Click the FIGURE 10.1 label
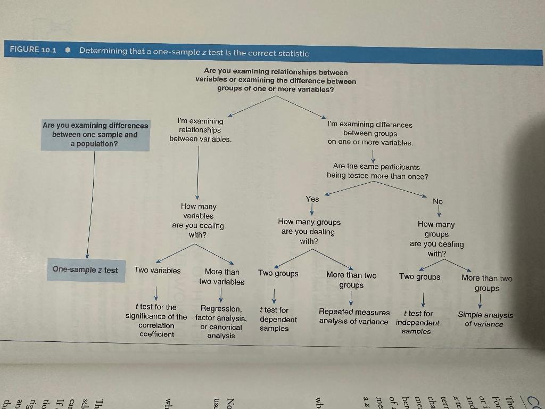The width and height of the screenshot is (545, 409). point(33,50)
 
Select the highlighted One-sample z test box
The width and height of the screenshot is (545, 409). point(85,270)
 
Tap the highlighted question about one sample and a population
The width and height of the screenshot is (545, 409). point(95,135)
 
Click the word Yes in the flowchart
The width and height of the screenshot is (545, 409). point(312,199)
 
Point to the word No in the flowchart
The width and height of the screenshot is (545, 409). point(437,201)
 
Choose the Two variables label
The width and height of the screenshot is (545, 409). point(158,271)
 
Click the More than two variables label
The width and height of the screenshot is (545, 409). point(222,277)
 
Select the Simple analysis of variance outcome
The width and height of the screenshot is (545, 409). point(485,320)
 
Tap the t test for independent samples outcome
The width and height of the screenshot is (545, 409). point(418,322)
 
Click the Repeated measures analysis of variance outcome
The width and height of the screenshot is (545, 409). point(354,317)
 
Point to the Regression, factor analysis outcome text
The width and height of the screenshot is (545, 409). point(221,322)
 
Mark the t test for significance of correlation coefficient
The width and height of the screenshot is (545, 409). point(156,321)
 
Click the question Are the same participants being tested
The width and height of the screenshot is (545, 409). point(377,171)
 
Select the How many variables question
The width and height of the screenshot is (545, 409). point(198,220)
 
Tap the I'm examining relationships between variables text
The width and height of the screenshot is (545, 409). point(200,130)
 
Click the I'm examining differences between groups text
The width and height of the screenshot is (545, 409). point(370,133)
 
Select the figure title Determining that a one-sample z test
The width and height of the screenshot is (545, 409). point(194,52)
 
